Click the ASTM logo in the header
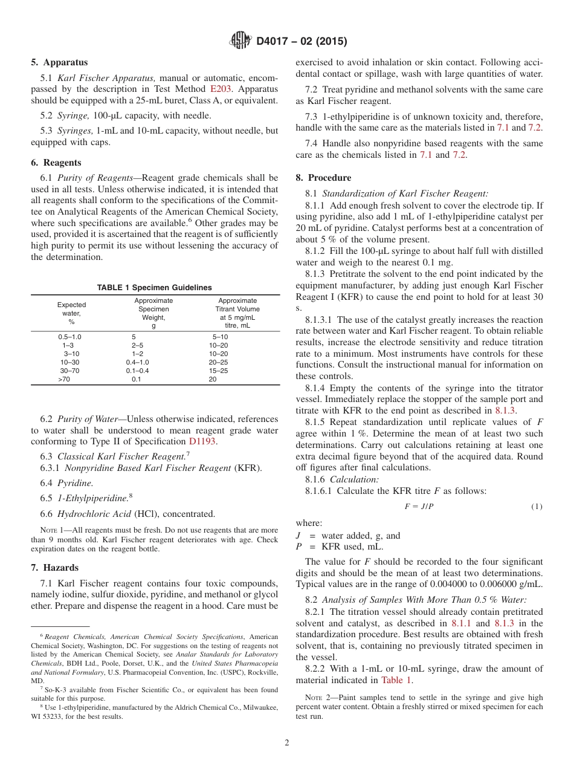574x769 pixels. coord(241,41)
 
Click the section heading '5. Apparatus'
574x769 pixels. coord(59,62)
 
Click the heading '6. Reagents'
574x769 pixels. coord(56,163)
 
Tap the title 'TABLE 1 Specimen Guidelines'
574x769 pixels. coord(155,288)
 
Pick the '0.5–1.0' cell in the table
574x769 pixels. coord(69,337)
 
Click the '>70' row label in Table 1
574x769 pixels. coord(64,379)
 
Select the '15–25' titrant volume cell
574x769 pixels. coord(218,371)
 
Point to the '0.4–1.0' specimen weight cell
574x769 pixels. coord(138,362)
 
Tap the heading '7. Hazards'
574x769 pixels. coord(55,568)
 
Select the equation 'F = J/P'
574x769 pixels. coord(419,507)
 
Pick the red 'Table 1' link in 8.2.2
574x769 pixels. coord(397,680)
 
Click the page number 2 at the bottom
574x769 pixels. coord(287,743)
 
